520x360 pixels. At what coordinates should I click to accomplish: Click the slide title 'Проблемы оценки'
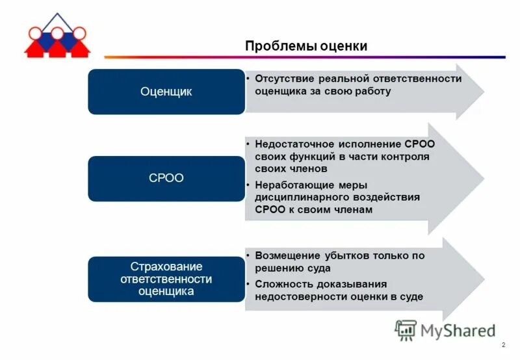(306, 46)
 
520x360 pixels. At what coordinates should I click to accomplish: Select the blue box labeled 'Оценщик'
(166, 92)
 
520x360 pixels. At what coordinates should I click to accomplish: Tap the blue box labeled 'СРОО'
(166, 178)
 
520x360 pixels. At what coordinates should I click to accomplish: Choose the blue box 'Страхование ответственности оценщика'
(166, 279)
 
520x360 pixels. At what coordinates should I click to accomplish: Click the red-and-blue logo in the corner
(57, 36)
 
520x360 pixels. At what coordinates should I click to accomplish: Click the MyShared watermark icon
(406, 330)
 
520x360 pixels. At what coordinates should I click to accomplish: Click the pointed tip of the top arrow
(483, 92)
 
